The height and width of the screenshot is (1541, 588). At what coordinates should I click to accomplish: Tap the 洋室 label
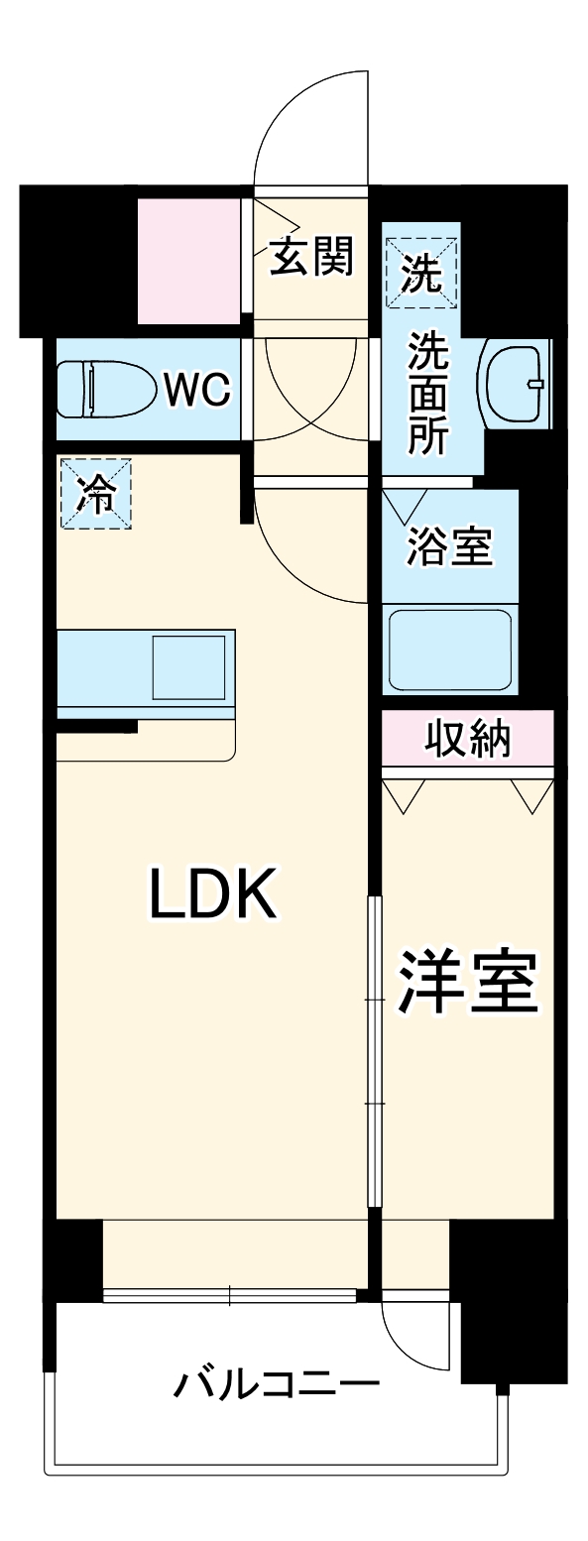(x=467, y=983)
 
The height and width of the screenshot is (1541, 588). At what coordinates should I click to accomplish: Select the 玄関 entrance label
(x=312, y=259)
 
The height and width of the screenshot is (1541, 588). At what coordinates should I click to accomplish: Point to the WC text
(x=197, y=391)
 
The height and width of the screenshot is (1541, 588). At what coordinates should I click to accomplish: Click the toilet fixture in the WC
(x=104, y=390)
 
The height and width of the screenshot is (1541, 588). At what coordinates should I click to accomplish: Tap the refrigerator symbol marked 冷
(x=96, y=492)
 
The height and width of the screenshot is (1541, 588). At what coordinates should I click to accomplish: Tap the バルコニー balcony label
(x=277, y=1383)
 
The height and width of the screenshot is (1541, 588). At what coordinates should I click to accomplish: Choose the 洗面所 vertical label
(x=428, y=394)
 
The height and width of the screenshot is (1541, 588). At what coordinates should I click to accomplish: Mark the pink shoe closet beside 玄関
(x=188, y=260)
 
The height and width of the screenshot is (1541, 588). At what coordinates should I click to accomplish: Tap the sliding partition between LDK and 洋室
(x=374, y=1051)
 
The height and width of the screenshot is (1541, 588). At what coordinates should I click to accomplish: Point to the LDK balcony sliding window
(x=229, y=1294)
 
